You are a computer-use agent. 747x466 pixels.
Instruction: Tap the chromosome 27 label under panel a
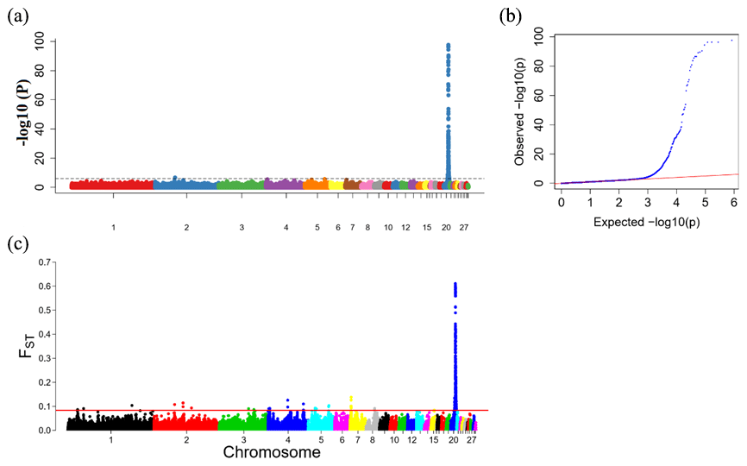pyautogui.click(x=464, y=227)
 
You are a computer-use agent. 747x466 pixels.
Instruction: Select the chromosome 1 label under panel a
pyautogui.click(x=112, y=227)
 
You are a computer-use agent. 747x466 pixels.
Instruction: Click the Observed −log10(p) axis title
pyautogui.click(x=520, y=109)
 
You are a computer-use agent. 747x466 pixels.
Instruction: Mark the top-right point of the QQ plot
pyautogui.click(x=732, y=40)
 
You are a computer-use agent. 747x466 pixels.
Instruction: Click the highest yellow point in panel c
pyautogui.click(x=351, y=398)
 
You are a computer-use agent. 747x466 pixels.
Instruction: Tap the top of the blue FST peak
pyautogui.click(x=455, y=283)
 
